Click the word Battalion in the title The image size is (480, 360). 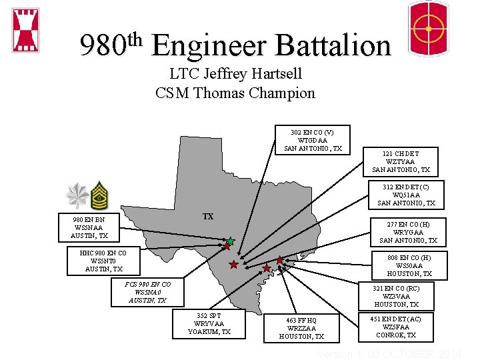[333, 45]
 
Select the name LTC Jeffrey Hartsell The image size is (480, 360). [235, 73]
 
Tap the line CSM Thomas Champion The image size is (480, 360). [235, 93]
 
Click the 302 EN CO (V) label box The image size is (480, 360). [313, 140]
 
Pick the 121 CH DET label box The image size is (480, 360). [401, 161]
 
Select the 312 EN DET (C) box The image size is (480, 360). [406, 195]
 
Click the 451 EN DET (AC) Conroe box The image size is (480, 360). [396, 327]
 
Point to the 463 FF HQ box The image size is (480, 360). [301, 328]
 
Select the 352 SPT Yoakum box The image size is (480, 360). [209, 323]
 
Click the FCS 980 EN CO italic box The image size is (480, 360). [148, 292]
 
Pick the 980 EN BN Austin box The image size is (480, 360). [89, 227]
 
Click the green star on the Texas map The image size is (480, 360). [230, 241]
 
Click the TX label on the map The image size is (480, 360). [208, 217]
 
